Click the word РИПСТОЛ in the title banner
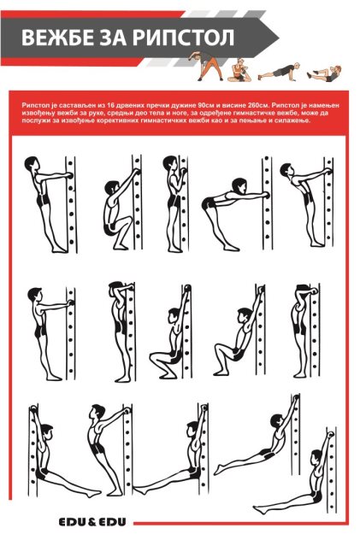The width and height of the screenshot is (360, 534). coord(183,37)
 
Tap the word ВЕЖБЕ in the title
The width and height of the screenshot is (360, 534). coord(52,37)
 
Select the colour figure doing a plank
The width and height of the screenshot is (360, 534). coord(280,72)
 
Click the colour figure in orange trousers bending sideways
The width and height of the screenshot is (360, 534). coord(206,66)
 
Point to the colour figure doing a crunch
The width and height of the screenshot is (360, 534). coord(324,73)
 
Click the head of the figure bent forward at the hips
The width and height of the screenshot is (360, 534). coord(239,185)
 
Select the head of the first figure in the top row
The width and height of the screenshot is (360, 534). coord(32,164)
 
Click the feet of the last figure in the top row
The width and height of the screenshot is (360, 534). coord(318,244)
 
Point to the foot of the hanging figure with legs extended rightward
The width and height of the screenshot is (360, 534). coord(91,493)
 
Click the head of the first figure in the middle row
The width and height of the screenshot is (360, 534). coord(34,295)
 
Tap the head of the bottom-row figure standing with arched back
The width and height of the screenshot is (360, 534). coord(97,412)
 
